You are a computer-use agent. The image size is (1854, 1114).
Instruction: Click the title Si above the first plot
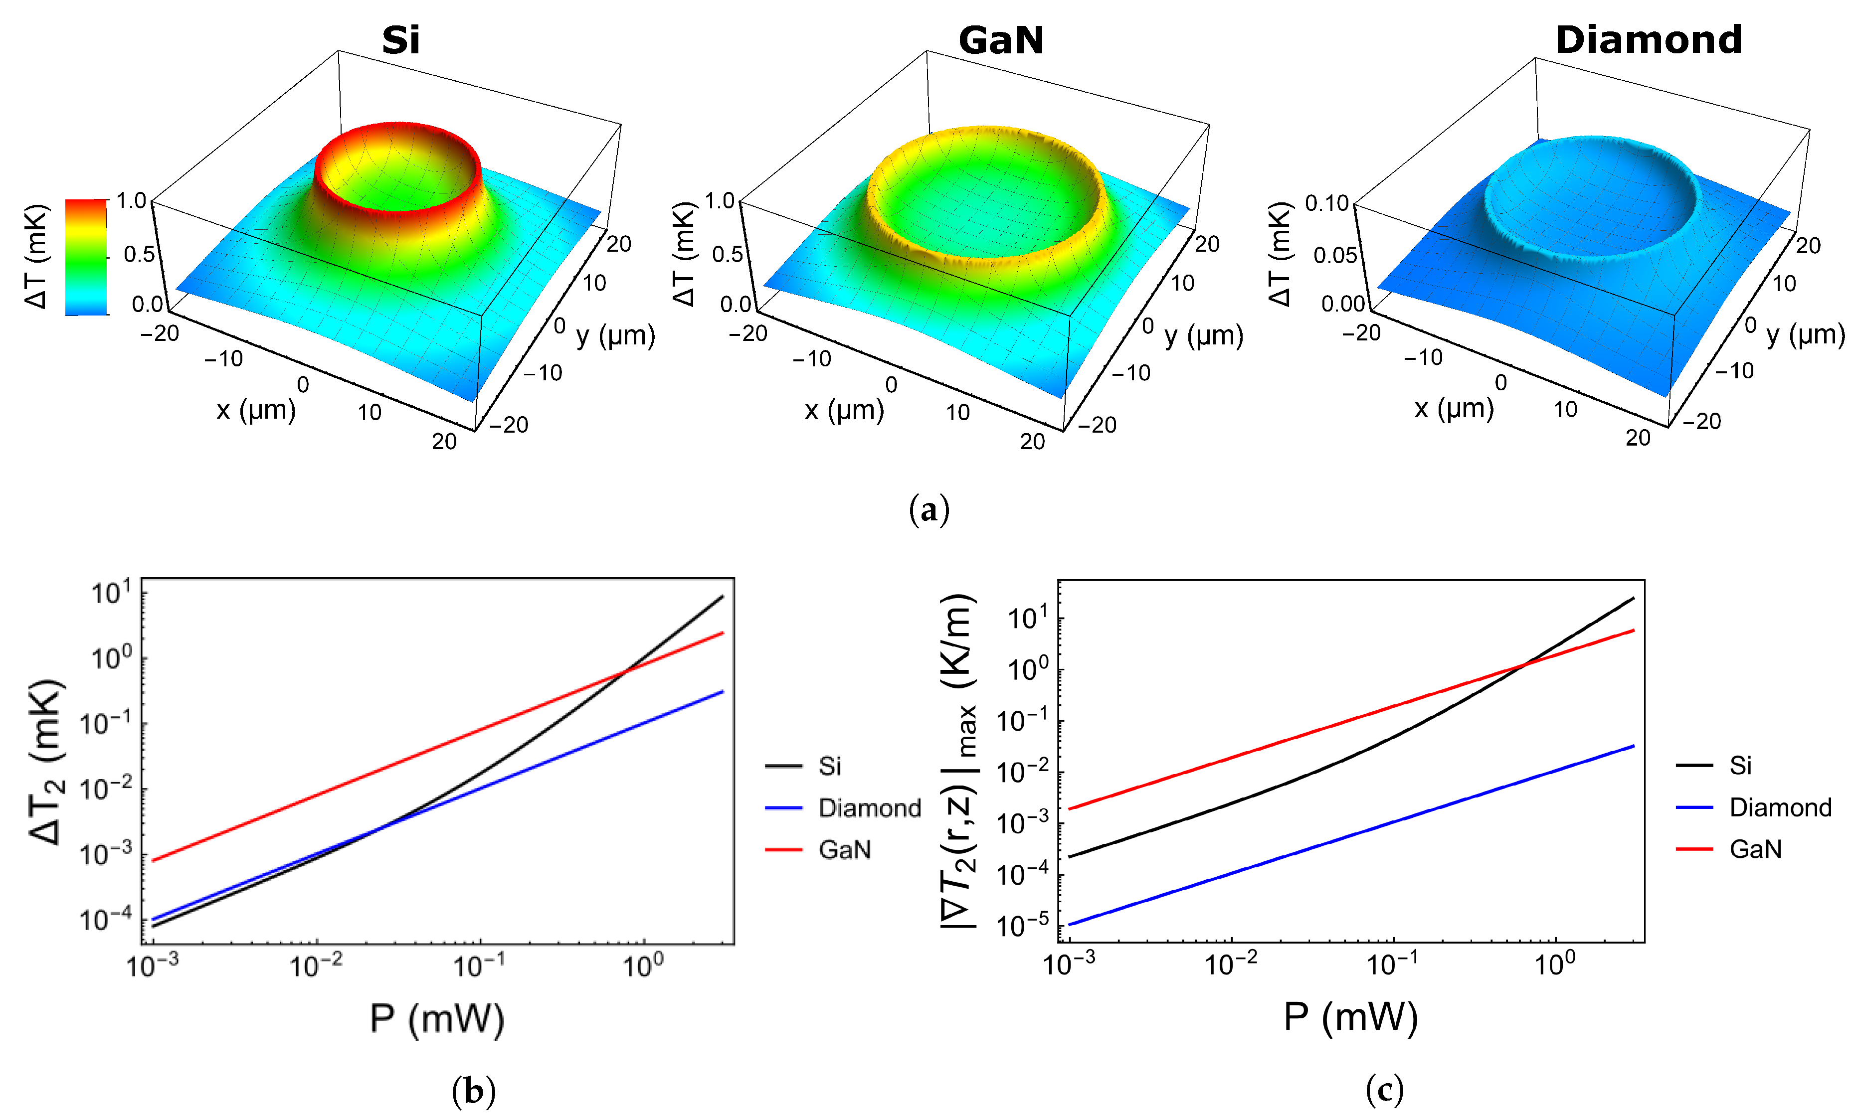(400, 40)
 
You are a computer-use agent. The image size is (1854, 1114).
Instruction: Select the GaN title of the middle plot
(1000, 40)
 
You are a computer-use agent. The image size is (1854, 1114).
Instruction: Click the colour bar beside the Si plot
(86, 257)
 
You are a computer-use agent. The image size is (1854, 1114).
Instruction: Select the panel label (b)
(473, 1089)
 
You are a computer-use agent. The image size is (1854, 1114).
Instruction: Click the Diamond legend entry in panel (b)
(869, 808)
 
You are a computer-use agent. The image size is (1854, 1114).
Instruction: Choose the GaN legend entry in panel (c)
(1755, 849)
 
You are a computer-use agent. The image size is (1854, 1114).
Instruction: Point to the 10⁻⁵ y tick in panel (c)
(1021, 926)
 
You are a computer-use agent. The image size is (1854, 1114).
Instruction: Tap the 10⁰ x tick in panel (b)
(643, 966)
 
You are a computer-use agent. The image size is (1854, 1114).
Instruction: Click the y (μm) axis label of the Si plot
(615, 335)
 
